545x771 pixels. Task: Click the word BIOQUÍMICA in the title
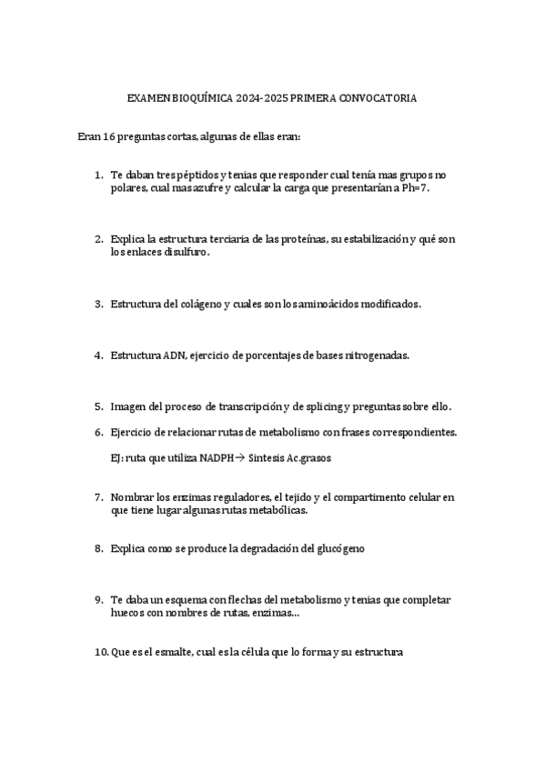[199, 98]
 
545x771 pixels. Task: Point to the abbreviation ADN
[174, 355]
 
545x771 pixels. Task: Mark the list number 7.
[98, 497]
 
